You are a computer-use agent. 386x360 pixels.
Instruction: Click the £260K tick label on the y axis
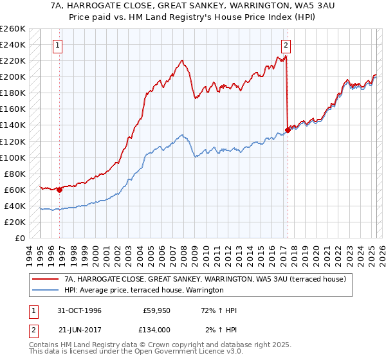[13, 29]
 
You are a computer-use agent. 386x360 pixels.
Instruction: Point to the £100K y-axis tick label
[13, 157]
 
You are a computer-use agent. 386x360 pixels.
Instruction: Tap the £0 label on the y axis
[21, 239]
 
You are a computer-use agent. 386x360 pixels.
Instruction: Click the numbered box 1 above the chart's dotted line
[59, 45]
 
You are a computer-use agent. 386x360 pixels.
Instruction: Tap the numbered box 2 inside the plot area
[286, 45]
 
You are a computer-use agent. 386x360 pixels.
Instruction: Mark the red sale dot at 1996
[59, 190]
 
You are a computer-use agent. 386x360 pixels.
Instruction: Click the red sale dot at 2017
[288, 130]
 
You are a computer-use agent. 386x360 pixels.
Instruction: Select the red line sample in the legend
[46, 279]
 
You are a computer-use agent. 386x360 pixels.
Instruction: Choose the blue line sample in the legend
[46, 290]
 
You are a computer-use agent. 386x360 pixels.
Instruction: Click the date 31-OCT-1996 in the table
[77, 310]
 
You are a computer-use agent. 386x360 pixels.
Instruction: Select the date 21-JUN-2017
[77, 328]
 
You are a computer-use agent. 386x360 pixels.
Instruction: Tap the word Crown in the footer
[150, 345]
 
